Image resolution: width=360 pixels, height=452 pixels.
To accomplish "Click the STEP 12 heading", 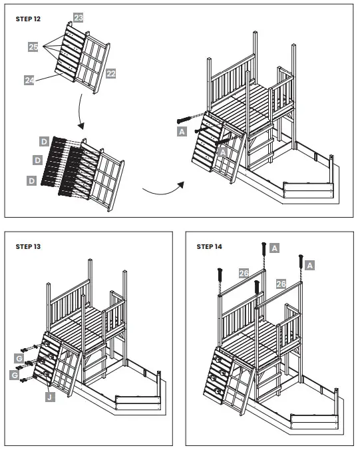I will coord(28,19).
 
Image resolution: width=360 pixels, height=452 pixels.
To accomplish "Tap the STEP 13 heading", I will coord(28,246).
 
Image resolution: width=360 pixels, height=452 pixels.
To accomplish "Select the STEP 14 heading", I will coord(210,246).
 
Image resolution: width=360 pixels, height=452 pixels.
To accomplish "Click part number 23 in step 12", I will coord(78,18).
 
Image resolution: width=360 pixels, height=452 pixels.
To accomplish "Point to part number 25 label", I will coord(33,47).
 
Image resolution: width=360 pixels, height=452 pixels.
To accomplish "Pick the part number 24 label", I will coord(29,80).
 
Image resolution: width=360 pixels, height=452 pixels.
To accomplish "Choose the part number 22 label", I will coord(110,73).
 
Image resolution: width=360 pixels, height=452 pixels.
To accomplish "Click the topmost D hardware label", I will coord(43,142).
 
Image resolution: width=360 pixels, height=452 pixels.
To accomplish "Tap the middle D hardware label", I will coord(37,160).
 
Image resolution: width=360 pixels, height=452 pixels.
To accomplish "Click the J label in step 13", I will coord(49,397).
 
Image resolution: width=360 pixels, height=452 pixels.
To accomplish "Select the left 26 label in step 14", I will coord(243,274).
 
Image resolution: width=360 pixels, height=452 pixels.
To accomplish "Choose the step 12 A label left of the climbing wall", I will coord(182,132).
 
